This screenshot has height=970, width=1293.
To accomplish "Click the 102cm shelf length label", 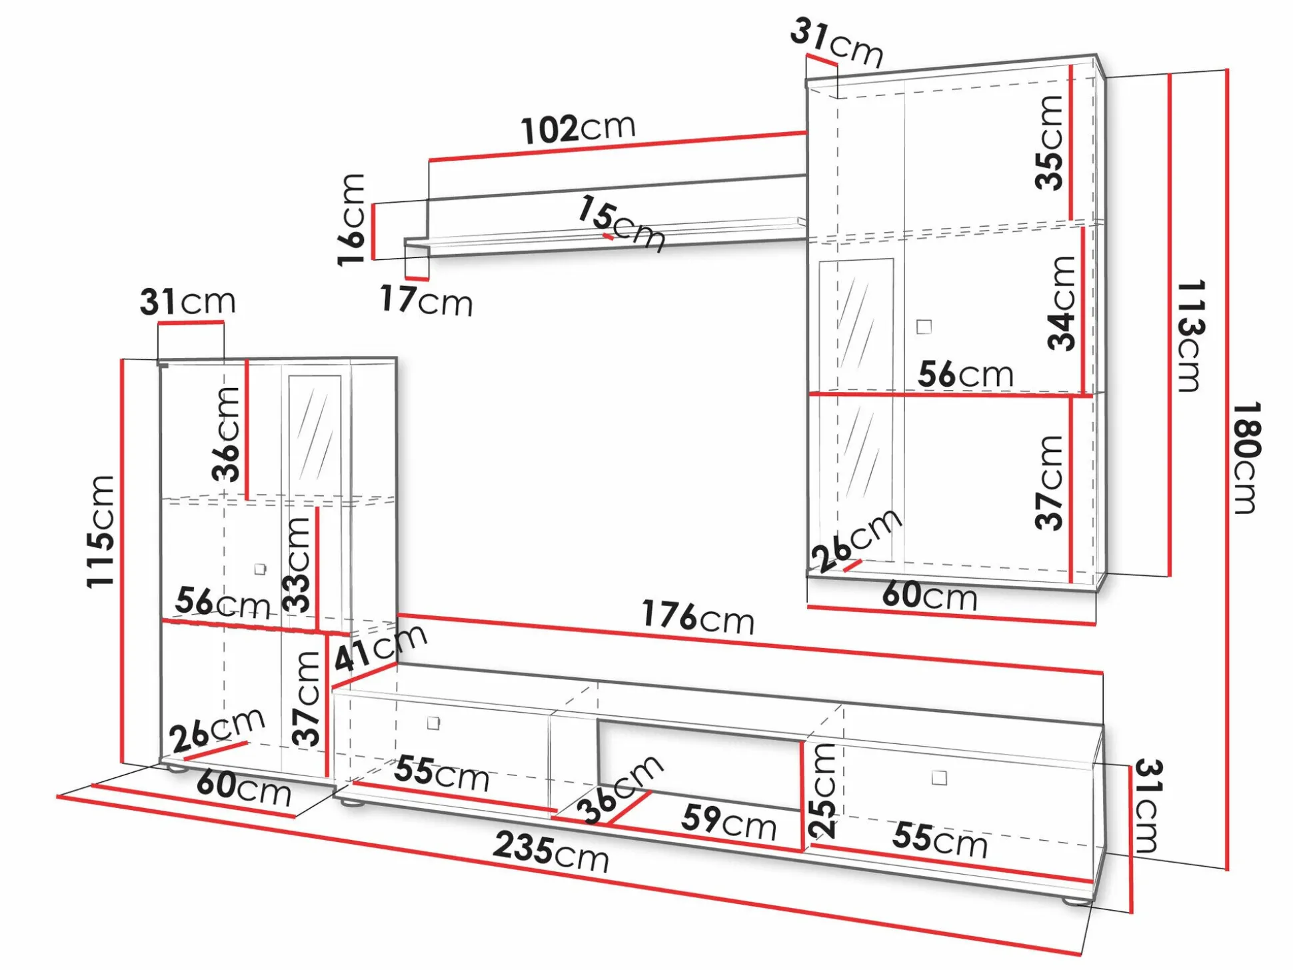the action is click(x=579, y=129).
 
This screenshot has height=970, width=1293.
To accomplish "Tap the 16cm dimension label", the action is click(x=351, y=219).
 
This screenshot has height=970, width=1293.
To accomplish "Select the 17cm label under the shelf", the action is click(x=427, y=300).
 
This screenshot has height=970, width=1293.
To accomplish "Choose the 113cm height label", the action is click(x=1190, y=335).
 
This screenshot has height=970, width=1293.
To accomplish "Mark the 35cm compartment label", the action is click(x=1049, y=142).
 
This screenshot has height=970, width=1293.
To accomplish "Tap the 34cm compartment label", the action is click(x=1062, y=303).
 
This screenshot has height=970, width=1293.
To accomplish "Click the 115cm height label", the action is click(x=101, y=531).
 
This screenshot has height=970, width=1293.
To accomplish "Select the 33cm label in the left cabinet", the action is click(x=297, y=565).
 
